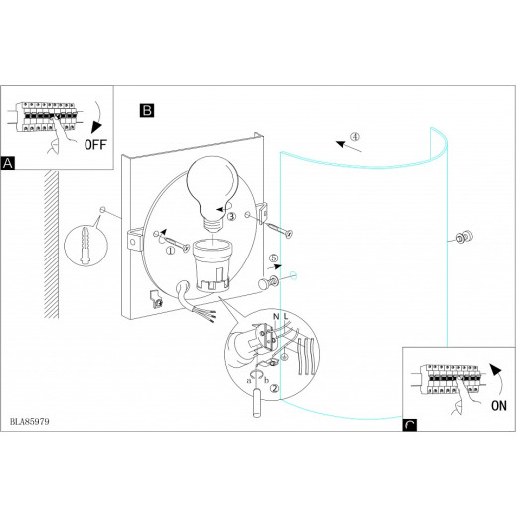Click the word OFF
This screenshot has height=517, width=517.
(95, 145)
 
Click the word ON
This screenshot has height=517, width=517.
(499, 406)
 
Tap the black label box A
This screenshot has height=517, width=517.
(8, 163)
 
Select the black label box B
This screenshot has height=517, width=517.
(147, 110)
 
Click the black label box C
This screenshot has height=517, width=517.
(409, 426)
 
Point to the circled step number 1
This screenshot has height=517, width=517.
(170, 251)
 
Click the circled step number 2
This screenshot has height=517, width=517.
(275, 389)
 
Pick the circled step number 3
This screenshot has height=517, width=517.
(231, 217)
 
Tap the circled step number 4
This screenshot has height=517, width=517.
(355, 136)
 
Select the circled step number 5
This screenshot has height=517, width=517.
(273, 258)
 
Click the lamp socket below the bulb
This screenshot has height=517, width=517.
(211, 266)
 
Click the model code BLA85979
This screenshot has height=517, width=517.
(30, 422)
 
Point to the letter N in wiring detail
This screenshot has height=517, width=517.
(276, 317)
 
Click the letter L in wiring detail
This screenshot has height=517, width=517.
(286, 317)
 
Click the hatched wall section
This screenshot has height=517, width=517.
(51, 245)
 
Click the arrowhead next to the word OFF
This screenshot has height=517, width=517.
(97, 127)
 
